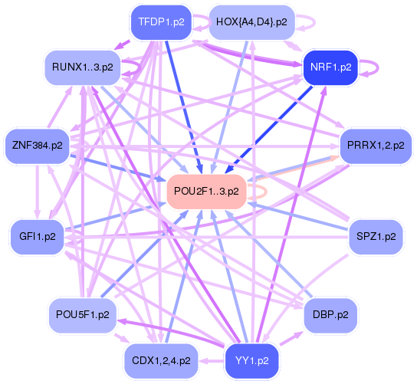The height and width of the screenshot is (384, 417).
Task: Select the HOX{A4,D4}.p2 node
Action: [252, 21]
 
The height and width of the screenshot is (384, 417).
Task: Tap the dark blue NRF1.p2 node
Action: [330, 67]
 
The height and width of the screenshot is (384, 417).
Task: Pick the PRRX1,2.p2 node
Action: [371, 146]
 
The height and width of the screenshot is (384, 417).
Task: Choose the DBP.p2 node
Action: [331, 314]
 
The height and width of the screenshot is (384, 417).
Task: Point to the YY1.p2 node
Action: [251, 359]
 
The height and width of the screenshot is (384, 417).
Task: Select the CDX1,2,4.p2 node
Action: [162, 359]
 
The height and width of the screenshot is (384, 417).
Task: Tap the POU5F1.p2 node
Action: [83, 314]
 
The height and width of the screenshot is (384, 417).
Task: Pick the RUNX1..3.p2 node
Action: [83, 67]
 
